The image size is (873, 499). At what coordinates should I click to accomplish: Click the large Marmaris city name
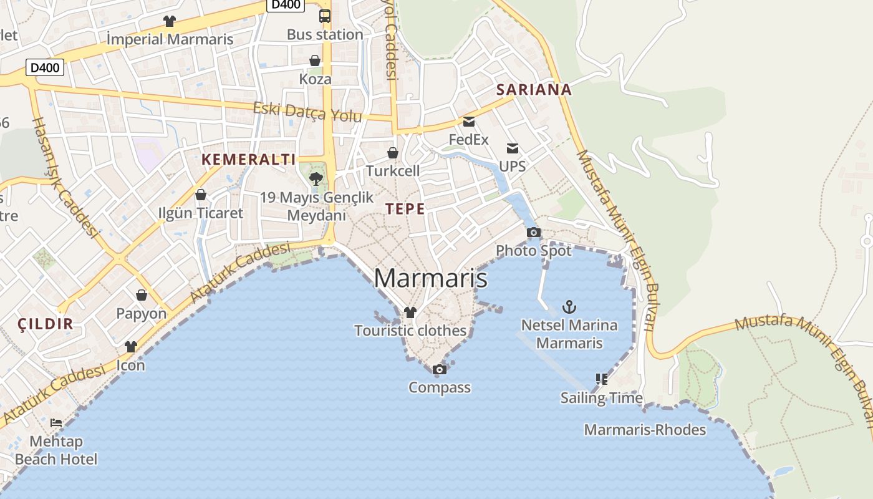tap(430, 278)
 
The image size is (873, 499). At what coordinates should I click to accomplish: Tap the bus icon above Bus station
tap(325, 16)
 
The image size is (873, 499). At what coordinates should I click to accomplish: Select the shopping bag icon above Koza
tap(315, 61)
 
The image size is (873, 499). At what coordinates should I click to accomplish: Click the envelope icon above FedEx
tap(469, 121)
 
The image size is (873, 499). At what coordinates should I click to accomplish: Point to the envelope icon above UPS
tap(513, 148)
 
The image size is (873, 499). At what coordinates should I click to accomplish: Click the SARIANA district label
tap(534, 89)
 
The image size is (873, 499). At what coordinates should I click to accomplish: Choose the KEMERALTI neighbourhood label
tap(248, 159)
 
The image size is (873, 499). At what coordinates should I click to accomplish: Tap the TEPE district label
tap(405, 209)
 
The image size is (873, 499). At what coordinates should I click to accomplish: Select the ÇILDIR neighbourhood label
tap(46, 324)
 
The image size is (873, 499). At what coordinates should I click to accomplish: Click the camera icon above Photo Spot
tap(534, 233)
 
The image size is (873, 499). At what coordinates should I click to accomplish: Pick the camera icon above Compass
tap(440, 370)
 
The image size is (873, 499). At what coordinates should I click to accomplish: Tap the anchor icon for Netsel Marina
tap(569, 307)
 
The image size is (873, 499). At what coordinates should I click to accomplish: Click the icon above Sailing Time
tap(601, 379)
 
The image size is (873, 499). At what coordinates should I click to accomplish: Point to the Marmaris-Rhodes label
tap(645, 430)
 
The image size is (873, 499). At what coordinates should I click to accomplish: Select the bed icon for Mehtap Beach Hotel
tap(56, 423)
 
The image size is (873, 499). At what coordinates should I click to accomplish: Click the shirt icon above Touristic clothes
tap(410, 312)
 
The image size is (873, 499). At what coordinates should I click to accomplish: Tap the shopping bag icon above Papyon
tap(142, 295)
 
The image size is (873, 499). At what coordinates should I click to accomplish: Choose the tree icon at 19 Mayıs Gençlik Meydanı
tap(316, 179)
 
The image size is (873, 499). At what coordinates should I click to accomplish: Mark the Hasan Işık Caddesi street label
tap(65, 178)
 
